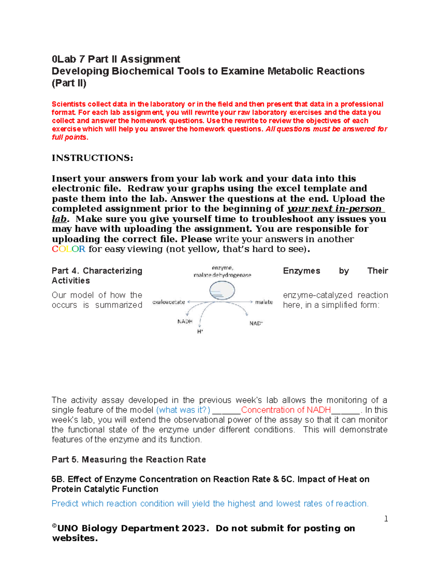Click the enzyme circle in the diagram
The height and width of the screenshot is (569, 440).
pos(222,291)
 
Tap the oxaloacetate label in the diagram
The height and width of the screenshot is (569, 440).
pos(169,302)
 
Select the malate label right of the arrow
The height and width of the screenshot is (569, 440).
pos(264,302)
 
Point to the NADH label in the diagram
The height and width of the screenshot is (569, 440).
pos(185,321)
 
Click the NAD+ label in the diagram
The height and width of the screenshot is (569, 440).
pos(256,323)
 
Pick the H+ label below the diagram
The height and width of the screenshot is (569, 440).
pos(200,332)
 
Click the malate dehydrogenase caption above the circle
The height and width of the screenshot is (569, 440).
pos(222,275)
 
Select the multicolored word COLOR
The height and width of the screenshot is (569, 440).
pos(69,249)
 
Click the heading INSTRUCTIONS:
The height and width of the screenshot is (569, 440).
pos(92,158)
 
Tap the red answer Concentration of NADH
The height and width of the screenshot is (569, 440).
pos(286,410)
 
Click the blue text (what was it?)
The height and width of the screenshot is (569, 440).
pos(183,410)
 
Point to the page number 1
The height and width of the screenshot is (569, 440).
pos(386,518)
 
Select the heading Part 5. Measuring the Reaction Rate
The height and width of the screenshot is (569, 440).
pos(129,459)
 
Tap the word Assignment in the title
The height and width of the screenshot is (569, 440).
pos(150,59)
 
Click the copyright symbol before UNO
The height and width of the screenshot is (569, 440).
pos(54,526)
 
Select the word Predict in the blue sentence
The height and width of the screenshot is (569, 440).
pos(65,503)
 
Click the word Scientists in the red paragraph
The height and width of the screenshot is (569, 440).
pos(68,104)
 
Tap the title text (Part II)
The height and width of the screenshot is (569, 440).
pos(69,83)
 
